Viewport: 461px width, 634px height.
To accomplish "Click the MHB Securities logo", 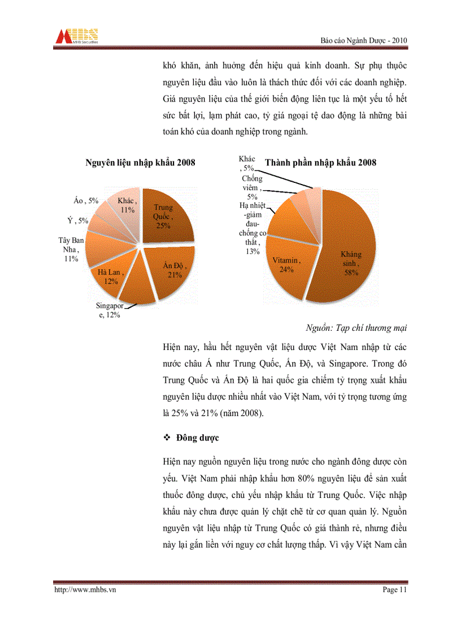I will pyautogui.click(x=77, y=36).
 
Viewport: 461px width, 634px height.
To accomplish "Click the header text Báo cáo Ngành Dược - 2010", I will pyautogui.click(x=363, y=41).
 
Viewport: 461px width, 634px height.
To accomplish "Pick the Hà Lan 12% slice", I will pyautogui.click(x=111, y=276).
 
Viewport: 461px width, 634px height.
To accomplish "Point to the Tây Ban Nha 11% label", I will pyautogui.click(x=71, y=250).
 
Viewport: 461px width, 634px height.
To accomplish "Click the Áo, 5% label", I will pyautogui.click(x=86, y=200).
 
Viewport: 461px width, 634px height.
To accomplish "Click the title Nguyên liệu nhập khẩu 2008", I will pyautogui.click(x=140, y=163).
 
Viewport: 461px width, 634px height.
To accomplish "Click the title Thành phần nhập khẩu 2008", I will pyautogui.click(x=321, y=163).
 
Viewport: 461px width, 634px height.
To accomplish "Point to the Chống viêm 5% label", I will pyautogui.click(x=251, y=187).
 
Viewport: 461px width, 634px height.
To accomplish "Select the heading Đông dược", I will pyautogui.click(x=197, y=438).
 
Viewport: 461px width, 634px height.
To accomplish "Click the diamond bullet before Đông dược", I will pyautogui.click(x=167, y=438).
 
